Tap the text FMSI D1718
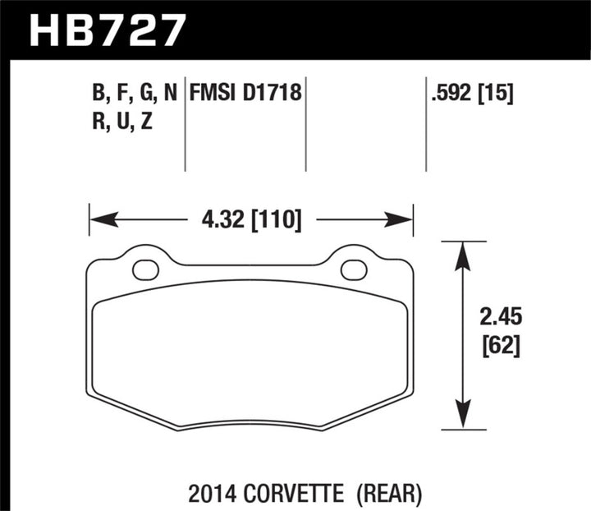pos(246,94)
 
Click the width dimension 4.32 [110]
pos(250,220)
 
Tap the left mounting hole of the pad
pos(145,269)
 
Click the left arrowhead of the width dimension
pos(100,220)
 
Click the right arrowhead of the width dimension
pos(401,220)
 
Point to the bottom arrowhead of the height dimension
pos(464,417)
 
